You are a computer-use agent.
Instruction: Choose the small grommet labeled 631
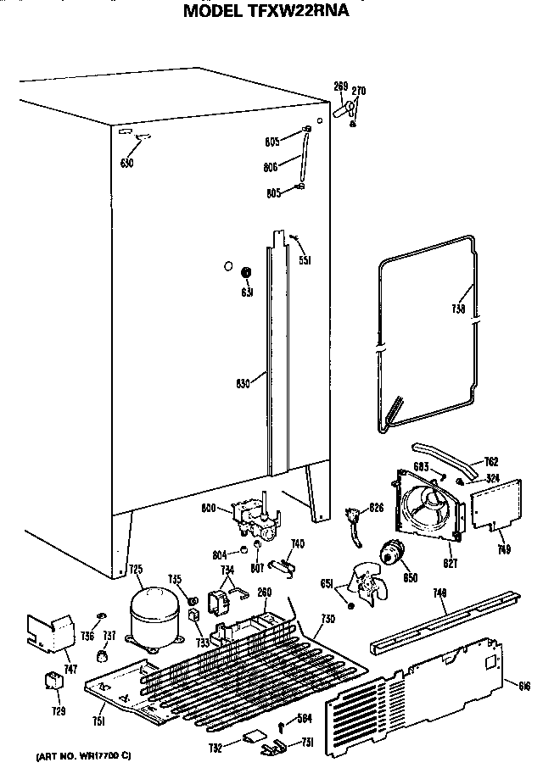click(x=247, y=274)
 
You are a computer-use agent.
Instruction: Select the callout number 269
click(x=340, y=86)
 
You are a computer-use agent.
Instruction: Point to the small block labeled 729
click(x=53, y=682)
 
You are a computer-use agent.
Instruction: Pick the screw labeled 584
click(x=283, y=723)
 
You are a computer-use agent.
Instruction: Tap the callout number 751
click(x=99, y=721)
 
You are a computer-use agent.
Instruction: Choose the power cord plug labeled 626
click(x=352, y=519)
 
